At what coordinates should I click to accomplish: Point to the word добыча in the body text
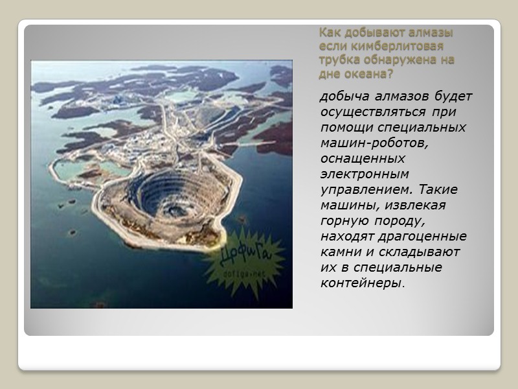[341, 97]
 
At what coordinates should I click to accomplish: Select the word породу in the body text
[395, 221]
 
